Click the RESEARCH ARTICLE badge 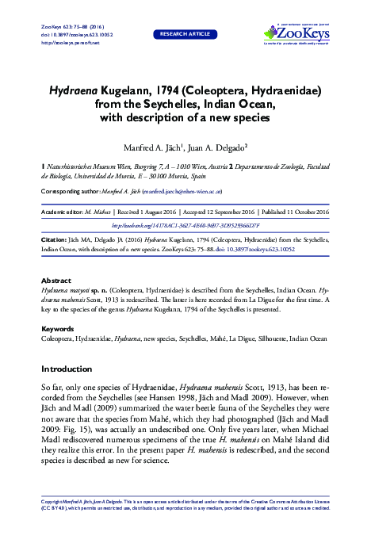pos(185,35)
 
